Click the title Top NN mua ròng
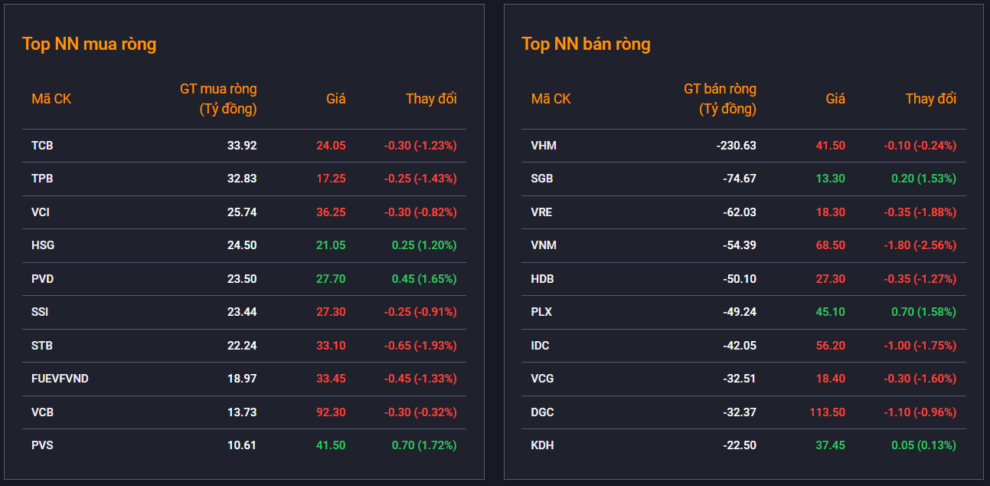point(90,44)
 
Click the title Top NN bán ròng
point(586,44)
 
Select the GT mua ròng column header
point(218,99)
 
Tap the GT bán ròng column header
point(720,99)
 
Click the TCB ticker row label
point(42,146)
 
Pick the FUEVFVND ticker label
point(60,379)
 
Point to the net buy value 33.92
point(242,146)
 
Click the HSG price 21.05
point(331,245)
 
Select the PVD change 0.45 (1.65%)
point(424,279)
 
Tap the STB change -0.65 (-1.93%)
point(420,346)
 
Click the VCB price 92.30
point(331,412)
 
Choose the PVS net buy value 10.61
point(241,445)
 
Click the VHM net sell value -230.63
point(737,146)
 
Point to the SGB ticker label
point(542,179)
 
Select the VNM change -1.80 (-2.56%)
point(920,245)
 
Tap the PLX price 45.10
point(830,312)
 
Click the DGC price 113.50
point(827,412)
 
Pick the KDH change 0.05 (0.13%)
point(923,445)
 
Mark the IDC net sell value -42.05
point(740,346)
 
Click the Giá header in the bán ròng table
point(835,99)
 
